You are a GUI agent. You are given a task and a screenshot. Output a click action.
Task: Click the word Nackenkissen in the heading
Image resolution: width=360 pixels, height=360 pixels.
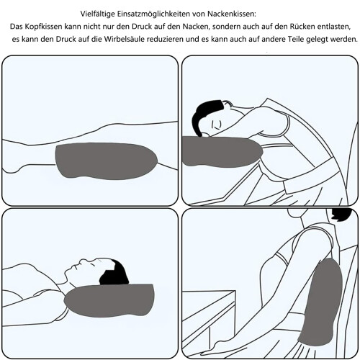pyautogui.click(x=232, y=14)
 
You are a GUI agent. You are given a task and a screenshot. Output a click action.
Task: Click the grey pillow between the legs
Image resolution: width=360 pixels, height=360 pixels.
pyautogui.click(x=106, y=161)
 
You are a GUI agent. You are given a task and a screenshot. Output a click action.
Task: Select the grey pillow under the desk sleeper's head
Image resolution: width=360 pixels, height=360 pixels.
pyautogui.click(x=221, y=151)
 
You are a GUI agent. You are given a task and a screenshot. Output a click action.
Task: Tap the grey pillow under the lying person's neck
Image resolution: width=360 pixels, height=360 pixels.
pyautogui.click(x=110, y=300)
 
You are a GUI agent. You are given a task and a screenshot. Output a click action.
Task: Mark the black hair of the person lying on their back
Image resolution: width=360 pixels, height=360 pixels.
pyautogui.click(x=114, y=272)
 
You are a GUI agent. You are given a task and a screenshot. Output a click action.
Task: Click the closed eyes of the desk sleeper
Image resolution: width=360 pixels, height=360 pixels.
pyautogui.click(x=216, y=125)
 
